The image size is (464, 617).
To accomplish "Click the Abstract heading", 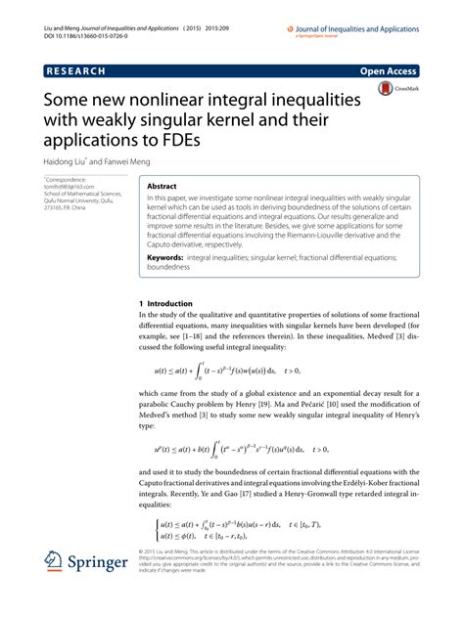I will point(162,185).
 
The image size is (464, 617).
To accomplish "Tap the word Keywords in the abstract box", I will point(168,255).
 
